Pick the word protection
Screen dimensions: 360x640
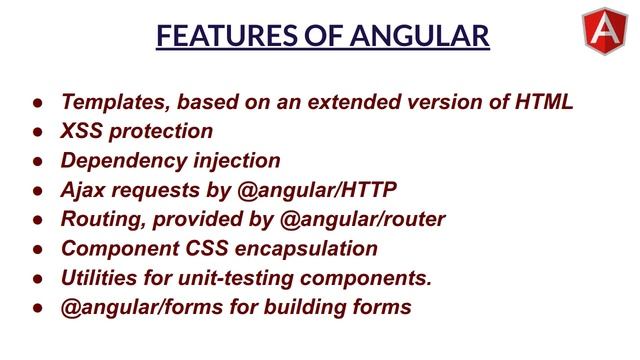coord(163,131)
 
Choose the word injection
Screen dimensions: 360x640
coord(237,160)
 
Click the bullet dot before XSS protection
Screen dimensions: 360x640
coord(36,132)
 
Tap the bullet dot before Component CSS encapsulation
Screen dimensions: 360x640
coord(36,249)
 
